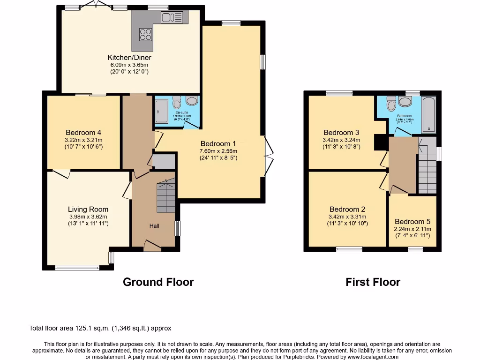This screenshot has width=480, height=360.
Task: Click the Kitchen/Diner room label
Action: pos(130,58)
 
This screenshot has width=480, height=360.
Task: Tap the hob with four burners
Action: pos(145,34)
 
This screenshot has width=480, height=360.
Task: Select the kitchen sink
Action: pos(171,17)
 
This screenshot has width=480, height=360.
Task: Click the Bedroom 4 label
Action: pos(84,132)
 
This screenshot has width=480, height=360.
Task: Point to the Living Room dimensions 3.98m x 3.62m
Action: pos(88,217)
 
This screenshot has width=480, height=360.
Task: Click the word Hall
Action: pos(154,226)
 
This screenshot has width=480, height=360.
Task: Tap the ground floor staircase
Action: pos(165,196)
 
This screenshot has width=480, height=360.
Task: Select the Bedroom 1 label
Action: pos(218,144)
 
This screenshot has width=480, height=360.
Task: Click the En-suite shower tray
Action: pos(160,112)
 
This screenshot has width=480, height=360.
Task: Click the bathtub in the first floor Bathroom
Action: pos(429,115)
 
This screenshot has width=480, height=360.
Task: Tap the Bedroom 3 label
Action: pos(341,133)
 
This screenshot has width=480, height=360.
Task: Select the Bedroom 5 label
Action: pos(412,222)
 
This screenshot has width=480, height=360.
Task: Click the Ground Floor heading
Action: pos(158,282)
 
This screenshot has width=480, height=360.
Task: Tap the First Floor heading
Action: pos(373,282)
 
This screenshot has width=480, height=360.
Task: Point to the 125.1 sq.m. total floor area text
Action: pos(100,328)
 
